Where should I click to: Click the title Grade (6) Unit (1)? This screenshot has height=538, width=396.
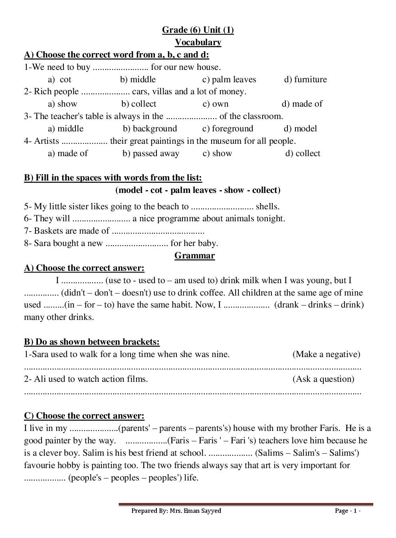[x=198, y=30]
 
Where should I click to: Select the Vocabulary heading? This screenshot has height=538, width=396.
[x=198, y=42]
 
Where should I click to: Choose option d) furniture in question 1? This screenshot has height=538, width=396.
[x=305, y=79]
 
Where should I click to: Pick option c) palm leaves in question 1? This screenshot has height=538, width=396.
[x=229, y=79]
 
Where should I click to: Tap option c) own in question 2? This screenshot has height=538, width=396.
[x=216, y=104]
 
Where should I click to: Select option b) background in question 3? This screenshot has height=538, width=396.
[x=150, y=129]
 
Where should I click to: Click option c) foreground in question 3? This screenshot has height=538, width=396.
[x=228, y=129]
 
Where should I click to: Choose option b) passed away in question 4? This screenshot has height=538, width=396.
[x=151, y=153]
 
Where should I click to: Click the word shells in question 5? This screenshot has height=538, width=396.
[x=267, y=206]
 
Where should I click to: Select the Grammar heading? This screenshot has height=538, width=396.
[x=194, y=256]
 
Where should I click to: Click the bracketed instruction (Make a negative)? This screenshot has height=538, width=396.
[x=326, y=354]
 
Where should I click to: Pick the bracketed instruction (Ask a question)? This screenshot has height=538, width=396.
[x=323, y=379]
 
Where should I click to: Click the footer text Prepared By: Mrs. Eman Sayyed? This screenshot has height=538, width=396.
[x=176, y=511]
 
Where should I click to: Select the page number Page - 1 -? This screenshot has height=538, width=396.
[x=348, y=511]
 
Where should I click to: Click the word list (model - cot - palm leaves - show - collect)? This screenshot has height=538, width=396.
[x=198, y=190]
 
